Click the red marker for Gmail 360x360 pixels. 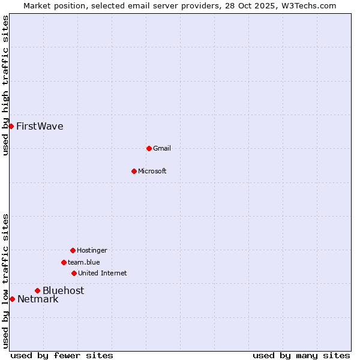pyautogui.click(x=149, y=148)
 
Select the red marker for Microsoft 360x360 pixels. pyautogui.click(x=134, y=171)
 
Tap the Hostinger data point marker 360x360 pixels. pyautogui.click(x=73, y=250)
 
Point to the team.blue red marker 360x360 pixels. pyautogui.click(x=64, y=262)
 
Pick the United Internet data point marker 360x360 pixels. pyautogui.click(x=74, y=273)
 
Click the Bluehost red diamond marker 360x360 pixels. pyautogui.click(x=37, y=290)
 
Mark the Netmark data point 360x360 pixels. pyautogui.click(x=12, y=299)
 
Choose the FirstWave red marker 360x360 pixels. pyautogui.click(x=11, y=126)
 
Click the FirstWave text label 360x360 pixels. pyautogui.click(x=40, y=126)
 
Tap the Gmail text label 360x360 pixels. pyautogui.click(x=162, y=148)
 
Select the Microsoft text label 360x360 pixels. pyautogui.click(x=152, y=171)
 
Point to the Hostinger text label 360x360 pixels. pyautogui.click(x=92, y=250)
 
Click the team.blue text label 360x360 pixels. pyautogui.click(x=84, y=262)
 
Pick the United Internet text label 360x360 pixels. pyautogui.click(x=103, y=273)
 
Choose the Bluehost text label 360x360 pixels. pyautogui.click(x=63, y=290)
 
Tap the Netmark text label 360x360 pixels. pyautogui.click(x=38, y=299)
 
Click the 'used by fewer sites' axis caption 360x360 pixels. pyautogui.click(x=62, y=355)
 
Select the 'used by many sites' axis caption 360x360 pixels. pyautogui.click(x=301, y=355)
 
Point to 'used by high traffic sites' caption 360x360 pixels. pyautogui.click(x=6, y=85)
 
